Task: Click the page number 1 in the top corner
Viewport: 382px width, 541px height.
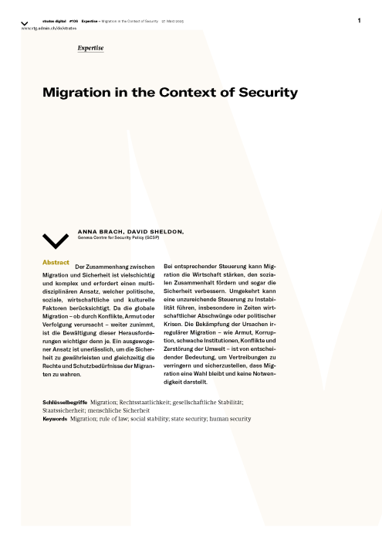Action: pyautogui.click(x=359, y=20)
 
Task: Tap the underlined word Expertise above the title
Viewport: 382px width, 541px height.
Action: pyautogui.click(x=90, y=49)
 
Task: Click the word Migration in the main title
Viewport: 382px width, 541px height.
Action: pyautogui.click(x=73, y=93)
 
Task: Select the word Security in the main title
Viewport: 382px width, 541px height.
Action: pyautogui.click(x=267, y=93)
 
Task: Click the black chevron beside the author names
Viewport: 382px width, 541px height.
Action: pyautogui.click(x=56, y=240)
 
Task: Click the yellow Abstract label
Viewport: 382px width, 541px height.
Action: pyautogui.click(x=56, y=263)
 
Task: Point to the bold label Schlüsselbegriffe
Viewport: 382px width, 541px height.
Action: pyautogui.click(x=64, y=403)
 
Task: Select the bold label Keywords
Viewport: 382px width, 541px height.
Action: pyautogui.click(x=55, y=419)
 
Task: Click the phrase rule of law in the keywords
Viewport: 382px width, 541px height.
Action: pyautogui.click(x=117, y=419)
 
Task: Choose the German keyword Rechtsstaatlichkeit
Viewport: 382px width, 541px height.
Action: pyautogui.click(x=151, y=403)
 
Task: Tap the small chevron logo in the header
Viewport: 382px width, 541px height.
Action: pyautogui.click(x=25, y=22)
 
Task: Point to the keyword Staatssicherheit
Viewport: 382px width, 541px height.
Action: pyautogui.click(x=64, y=410)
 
